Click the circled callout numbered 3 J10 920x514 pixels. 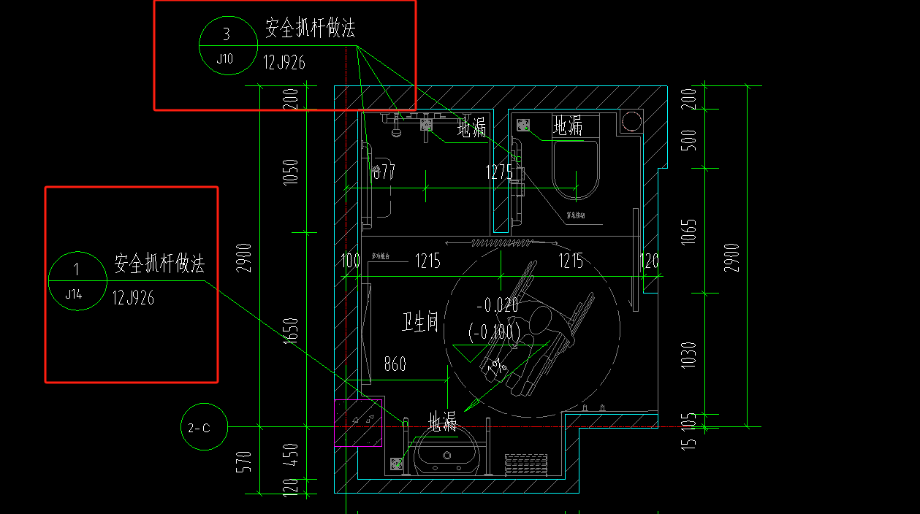coord(226,45)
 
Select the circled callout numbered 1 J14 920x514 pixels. coord(77,280)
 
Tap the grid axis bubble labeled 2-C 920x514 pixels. coord(204,427)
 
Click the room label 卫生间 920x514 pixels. coord(420,322)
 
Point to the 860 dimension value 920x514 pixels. coord(395,364)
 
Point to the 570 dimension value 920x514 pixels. coord(245,461)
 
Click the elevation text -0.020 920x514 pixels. coord(497,305)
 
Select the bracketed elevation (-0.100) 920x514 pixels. coord(495,332)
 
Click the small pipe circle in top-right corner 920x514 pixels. coord(630,121)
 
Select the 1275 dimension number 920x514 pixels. coord(499,172)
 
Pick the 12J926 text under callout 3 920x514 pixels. coord(284,63)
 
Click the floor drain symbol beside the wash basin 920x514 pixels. coord(397,464)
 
